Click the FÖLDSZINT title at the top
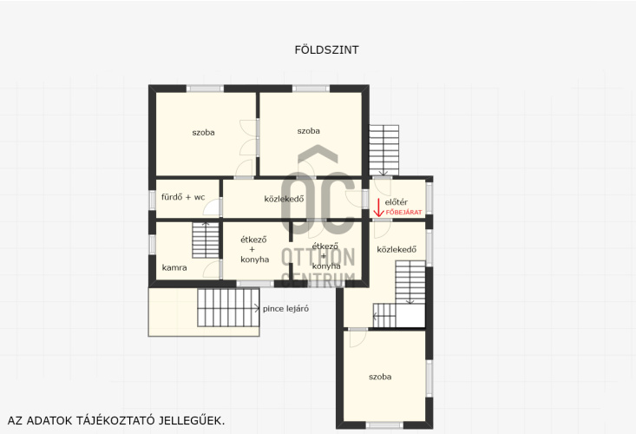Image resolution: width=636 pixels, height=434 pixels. [x=326, y=49]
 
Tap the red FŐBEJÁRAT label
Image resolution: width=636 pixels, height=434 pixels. [x=403, y=212]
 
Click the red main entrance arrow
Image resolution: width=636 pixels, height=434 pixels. [x=378, y=207]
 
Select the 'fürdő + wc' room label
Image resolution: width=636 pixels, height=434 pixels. [x=183, y=197]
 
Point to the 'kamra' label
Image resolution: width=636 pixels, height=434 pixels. [x=174, y=267]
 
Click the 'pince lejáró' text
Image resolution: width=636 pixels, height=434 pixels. [x=285, y=309]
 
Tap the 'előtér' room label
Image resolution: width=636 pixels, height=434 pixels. [x=397, y=202]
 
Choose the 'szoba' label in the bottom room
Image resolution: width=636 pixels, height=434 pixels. [x=380, y=377]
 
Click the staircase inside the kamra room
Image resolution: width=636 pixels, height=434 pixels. [x=206, y=240]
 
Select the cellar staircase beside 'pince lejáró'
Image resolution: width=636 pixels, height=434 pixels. [x=228, y=308]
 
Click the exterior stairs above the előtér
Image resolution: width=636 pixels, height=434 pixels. [x=384, y=150]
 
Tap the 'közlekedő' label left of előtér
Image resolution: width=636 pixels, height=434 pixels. [x=284, y=199]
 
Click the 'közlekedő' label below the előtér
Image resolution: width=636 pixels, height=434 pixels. [x=397, y=249]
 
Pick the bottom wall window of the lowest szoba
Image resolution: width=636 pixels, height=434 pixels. [x=384, y=425]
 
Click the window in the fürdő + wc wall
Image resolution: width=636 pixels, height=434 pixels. [x=152, y=200]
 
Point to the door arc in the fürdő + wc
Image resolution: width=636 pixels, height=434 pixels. [x=212, y=207]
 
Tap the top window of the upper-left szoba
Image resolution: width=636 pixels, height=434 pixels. [x=205, y=89]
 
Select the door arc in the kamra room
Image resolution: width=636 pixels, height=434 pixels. [x=212, y=270]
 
